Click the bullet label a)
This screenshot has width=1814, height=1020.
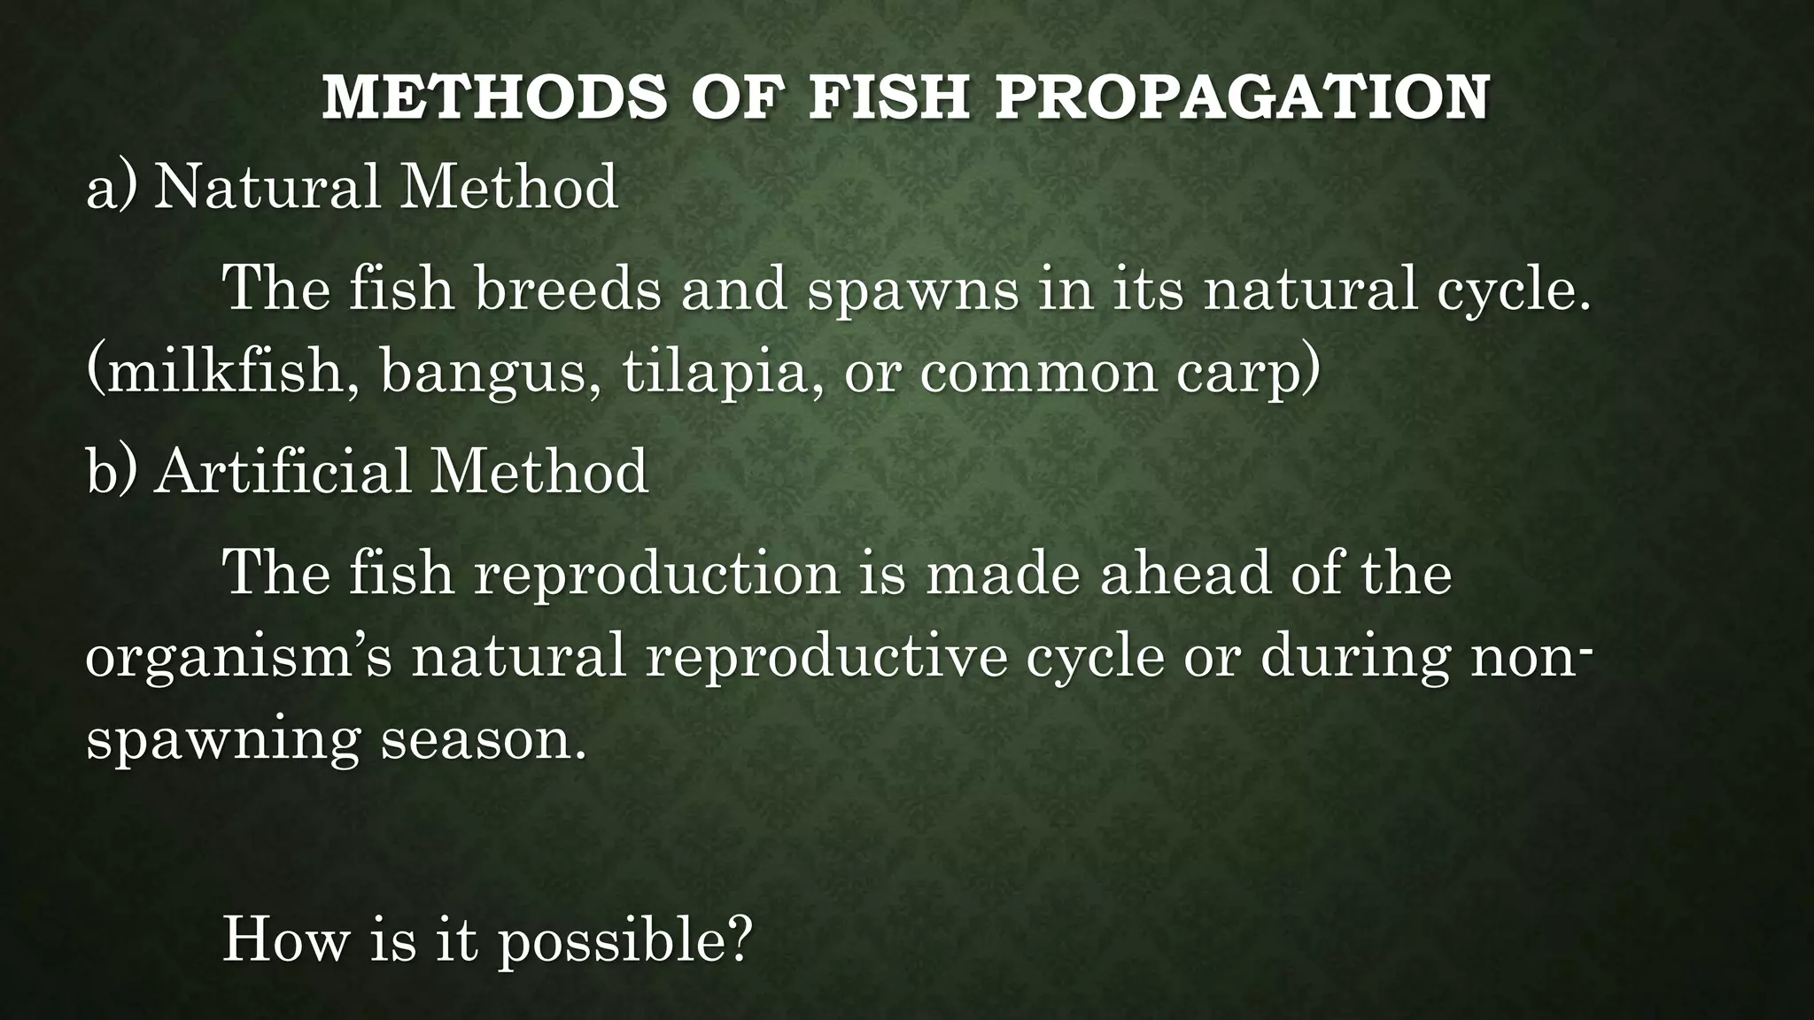point(112,187)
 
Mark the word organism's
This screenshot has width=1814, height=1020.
point(238,659)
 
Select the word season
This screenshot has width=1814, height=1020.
point(484,739)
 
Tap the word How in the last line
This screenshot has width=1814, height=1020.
point(285,939)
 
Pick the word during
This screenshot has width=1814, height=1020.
point(1354,659)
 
